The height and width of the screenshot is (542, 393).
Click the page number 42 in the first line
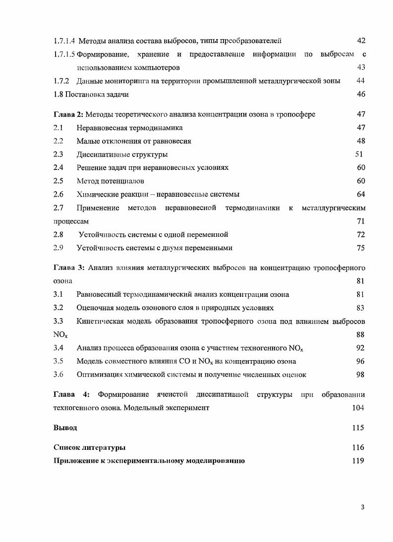(x=361, y=40)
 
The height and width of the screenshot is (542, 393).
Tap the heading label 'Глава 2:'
(x=68, y=114)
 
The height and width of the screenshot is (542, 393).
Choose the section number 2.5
(x=58, y=181)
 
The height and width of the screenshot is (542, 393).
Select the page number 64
(x=361, y=195)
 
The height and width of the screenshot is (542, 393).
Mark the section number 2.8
(x=58, y=234)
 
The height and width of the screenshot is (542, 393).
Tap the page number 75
(x=361, y=248)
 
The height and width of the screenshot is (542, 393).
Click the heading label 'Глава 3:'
(x=68, y=268)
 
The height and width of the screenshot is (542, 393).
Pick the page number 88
(x=361, y=335)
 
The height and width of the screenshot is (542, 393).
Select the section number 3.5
(x=58, y=361)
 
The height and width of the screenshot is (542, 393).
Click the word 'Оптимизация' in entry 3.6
(x=97, y=375)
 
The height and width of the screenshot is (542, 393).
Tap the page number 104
(x=358, y=408)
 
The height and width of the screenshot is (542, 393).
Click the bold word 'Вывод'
(x=65, y=428)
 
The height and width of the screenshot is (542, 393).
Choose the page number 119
(x=358, y=461)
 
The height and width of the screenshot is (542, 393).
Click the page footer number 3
(x=363, y=507)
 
